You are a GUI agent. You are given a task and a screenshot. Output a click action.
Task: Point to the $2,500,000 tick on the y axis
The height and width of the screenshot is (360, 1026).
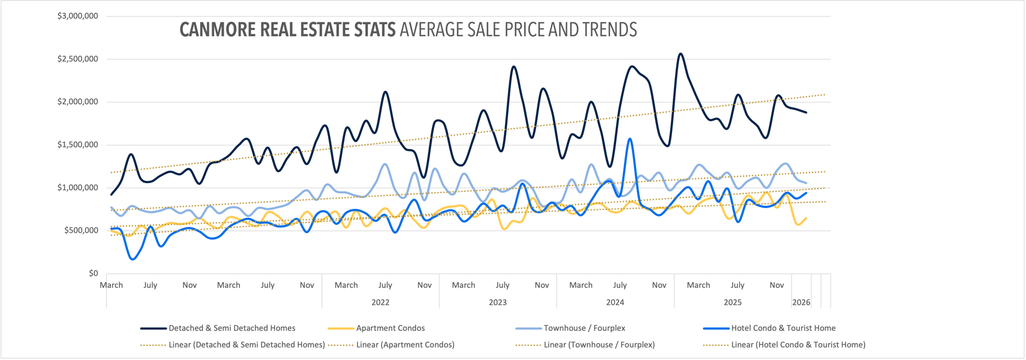click(78, 59)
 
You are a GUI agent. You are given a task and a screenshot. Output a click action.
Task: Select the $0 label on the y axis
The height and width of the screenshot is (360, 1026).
click(94, 273)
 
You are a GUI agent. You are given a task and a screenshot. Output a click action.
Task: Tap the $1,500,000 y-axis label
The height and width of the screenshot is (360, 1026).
click(78, 145)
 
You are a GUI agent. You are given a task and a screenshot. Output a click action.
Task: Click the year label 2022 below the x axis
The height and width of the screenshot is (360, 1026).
click(380, 302)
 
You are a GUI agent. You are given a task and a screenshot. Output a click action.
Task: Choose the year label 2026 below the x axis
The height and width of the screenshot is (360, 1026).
click(801, 302)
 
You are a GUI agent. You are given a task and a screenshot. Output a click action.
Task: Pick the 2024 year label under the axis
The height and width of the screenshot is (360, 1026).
click(615, 302)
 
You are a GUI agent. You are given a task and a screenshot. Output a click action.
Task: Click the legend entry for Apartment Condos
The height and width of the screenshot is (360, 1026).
click(390, 328)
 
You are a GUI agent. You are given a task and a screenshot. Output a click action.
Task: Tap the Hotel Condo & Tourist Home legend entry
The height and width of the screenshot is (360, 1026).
click(783, 328)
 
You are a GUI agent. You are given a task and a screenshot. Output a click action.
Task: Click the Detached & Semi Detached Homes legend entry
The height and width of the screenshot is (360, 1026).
click(231, 328)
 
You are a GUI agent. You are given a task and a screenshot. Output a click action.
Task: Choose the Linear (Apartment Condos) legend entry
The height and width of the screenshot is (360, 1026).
click(405, 345)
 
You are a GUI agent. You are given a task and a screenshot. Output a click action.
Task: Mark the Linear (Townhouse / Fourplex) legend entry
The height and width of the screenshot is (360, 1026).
click(599, 345)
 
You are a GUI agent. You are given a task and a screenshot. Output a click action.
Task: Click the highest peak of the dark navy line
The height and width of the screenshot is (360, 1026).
click(680, 54)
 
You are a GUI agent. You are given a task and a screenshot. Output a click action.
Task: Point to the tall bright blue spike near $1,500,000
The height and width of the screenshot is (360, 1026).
click(631, 139)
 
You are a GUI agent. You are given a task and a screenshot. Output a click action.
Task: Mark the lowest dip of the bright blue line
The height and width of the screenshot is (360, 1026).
click(133, 259)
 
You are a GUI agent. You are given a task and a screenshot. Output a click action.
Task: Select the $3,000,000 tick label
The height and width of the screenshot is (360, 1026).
click(78, 16)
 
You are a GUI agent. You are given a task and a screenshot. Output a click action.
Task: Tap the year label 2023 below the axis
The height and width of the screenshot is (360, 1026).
click(498, 302)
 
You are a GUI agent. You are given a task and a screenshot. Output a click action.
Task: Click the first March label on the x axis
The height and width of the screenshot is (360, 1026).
click(111, 285)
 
